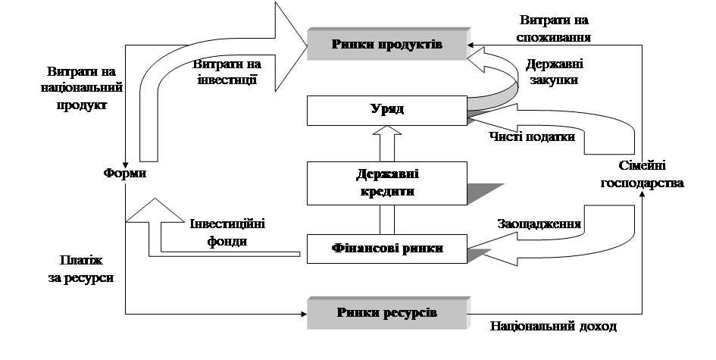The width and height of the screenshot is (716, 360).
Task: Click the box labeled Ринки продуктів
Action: [x=388, y=44]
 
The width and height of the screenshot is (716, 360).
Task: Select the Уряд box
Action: [x=386, y=111]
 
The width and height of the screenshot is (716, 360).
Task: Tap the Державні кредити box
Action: [x=386, y=183]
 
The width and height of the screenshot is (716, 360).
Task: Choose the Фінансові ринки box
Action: [x=386, y=249]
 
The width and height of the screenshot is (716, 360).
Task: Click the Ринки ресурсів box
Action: [x=388, y=314]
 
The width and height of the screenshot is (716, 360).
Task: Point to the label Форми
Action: [x=125, y=174]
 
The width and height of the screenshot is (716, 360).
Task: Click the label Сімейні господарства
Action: [x=642, y=174]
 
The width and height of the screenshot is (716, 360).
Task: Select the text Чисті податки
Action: [x=532, y=136]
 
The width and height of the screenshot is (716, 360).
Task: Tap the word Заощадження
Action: [x=539, y=224]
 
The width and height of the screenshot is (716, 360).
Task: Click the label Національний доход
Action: [x=553, y=326]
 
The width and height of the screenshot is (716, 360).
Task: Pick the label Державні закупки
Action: [x=554, y=72]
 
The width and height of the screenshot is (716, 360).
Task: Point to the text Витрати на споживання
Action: [x=554, y=29]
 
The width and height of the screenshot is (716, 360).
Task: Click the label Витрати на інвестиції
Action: [x=227, y=72]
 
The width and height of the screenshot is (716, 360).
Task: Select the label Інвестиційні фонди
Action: [x=227, y=233]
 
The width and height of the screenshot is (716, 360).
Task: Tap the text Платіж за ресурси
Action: [x=81, y=269]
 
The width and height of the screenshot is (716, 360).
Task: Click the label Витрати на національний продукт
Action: [x=81, y=88]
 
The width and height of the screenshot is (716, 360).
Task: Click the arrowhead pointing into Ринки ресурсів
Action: [x=304, y=314]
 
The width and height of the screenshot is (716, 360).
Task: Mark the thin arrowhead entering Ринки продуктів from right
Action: [x=471, y=45]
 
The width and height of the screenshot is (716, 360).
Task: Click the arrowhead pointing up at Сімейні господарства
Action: [x=642, y=194]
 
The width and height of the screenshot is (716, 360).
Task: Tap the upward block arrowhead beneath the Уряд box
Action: [x=386, y=130]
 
